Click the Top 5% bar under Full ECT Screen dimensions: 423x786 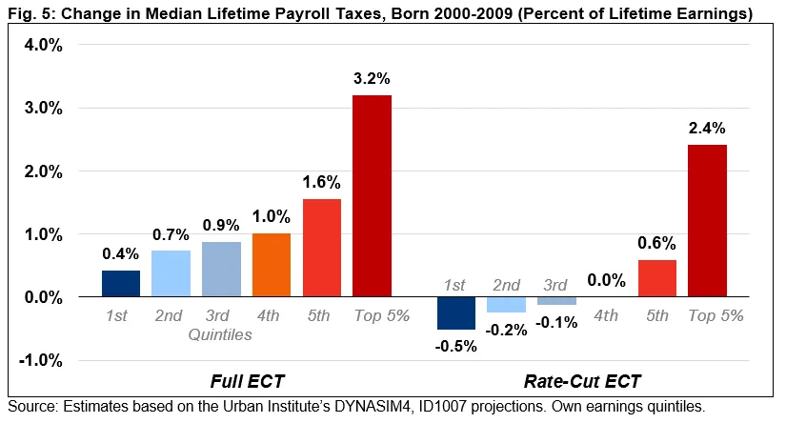tap(372, 195)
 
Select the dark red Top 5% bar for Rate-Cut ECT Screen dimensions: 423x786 tap(707, 220)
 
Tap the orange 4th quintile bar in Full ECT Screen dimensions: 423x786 tap(271, 265)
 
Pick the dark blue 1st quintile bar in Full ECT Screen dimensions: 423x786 tap(121, 283)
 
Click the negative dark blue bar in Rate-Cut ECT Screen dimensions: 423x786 tap(455, 312)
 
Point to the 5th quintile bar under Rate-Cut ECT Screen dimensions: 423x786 tap(657, 278)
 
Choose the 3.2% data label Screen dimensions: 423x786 tap(372, 78)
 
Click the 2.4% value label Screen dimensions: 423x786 tap(707, 128)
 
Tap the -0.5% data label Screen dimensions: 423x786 tap(455, 345)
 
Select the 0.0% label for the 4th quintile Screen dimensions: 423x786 tap(607, 280)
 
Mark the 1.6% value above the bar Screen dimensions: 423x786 tap(321, 181)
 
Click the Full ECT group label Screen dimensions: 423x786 tap(246, 382)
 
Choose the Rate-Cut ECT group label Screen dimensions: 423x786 tap(582, 382)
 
